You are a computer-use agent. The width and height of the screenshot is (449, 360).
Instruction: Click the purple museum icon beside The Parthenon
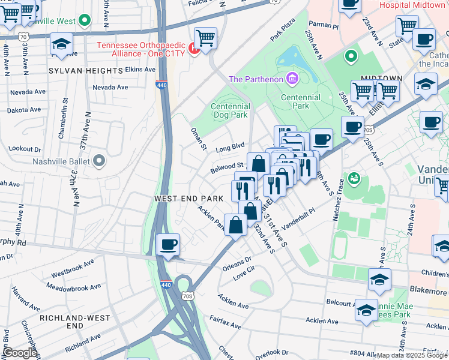pos(292,79)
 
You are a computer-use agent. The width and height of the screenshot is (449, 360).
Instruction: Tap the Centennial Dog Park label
pos(229,110)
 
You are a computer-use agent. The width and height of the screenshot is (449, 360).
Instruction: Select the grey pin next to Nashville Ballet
pos(99,161)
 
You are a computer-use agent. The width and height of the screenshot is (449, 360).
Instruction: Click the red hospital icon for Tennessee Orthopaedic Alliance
pos(193,47)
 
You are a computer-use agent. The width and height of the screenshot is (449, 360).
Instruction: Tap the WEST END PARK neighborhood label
pos(188,198)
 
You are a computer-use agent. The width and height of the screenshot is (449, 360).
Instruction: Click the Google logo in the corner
pos(19,353)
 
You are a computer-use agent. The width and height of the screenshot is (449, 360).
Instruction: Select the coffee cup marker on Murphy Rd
pos(168,245)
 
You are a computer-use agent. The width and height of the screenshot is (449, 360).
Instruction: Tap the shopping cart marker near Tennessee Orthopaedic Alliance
pos(205,38)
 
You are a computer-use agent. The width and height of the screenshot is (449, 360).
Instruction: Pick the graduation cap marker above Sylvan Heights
pos(61,45)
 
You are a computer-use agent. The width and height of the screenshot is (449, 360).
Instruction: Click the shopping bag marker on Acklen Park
pos(236,226)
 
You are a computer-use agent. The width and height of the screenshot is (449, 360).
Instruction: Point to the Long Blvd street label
pos(231,147)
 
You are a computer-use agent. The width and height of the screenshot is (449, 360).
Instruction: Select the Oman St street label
pos(199,139)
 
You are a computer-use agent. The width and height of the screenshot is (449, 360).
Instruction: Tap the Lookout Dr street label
pos(25,149)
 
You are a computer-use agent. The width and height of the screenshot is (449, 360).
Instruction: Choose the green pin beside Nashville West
pos(85,20)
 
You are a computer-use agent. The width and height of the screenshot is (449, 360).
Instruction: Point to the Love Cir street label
pos(244,276)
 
